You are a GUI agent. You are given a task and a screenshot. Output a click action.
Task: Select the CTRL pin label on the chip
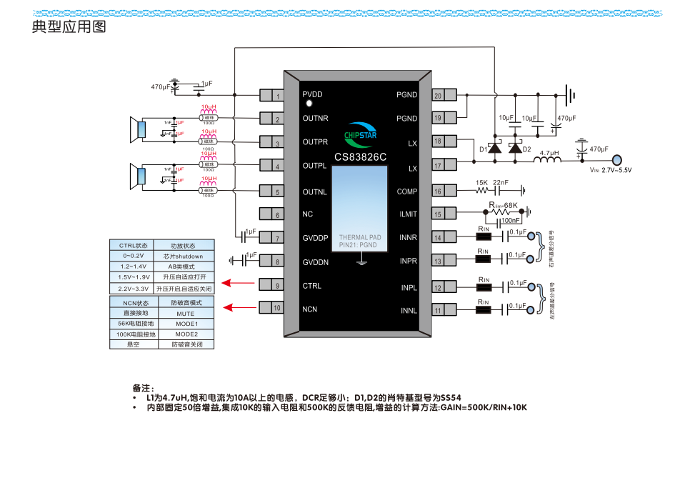311,286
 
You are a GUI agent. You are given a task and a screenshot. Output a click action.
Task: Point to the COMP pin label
407,191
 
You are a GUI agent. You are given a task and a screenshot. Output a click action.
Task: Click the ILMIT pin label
409,214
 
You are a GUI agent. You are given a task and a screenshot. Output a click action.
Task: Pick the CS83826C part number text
360,156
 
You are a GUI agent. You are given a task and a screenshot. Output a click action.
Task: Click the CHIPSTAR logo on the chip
360,134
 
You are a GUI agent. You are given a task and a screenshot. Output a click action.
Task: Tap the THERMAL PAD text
360,237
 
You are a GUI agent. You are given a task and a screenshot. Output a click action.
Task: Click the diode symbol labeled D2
515,149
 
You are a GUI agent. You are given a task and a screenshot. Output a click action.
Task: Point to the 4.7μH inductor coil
548,161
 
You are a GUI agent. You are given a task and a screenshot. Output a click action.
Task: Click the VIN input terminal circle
617,161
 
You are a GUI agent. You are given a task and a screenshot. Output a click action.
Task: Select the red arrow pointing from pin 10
239,307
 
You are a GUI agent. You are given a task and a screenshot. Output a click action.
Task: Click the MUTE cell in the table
186,313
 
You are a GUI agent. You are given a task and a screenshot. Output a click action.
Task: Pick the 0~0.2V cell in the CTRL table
133,256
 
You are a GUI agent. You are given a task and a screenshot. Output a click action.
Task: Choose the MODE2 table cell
186,334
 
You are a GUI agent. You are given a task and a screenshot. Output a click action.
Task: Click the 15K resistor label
481,183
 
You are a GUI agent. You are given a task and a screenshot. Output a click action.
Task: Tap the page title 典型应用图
69,28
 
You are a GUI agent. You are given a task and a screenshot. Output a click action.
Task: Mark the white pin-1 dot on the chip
309,104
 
